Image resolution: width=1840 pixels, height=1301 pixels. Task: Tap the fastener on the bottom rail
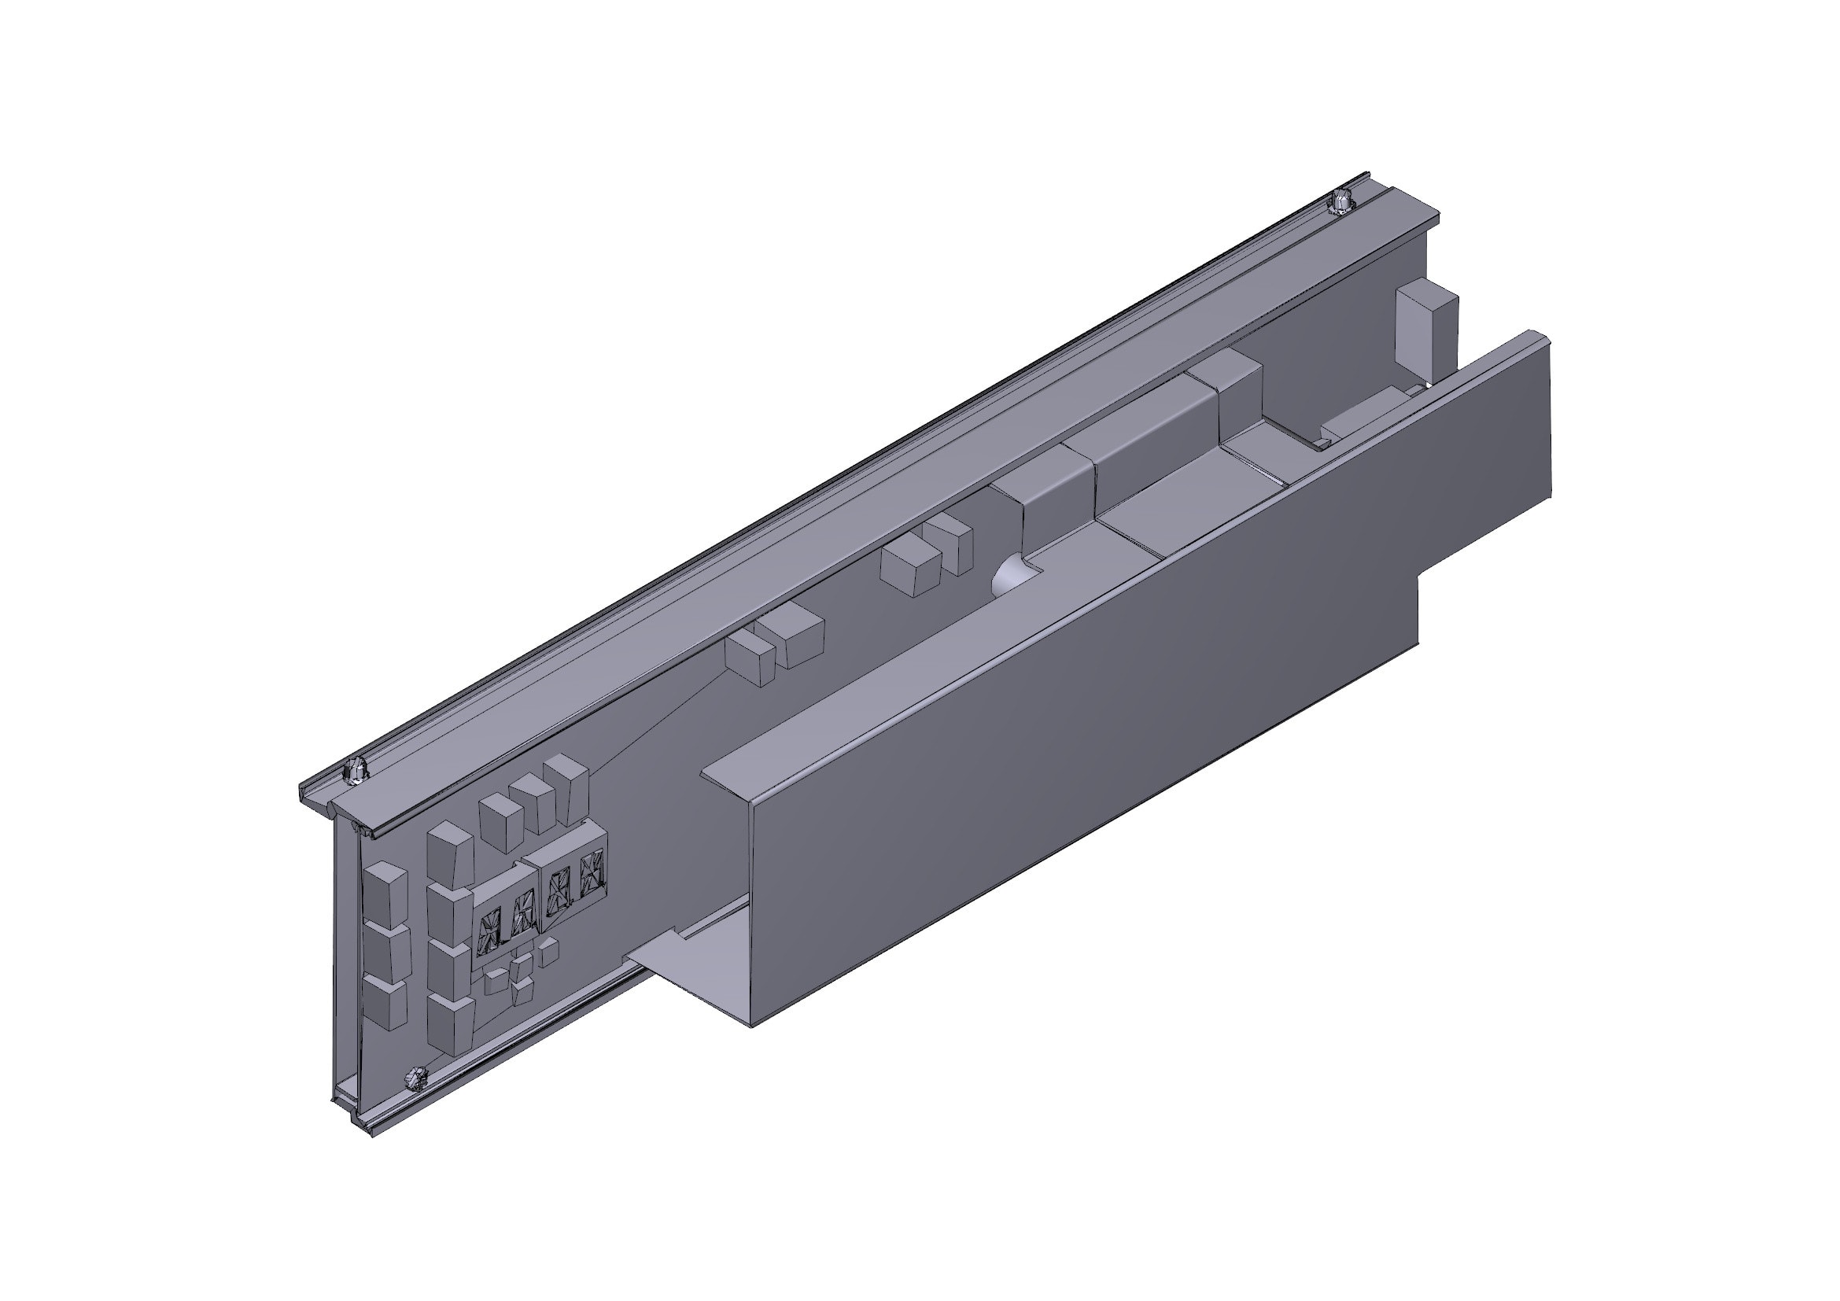pos(416,1078)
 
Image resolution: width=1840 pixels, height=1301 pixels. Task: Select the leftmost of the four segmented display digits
pos(487,934)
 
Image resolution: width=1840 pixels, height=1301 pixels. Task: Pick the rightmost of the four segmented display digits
pos(591,873)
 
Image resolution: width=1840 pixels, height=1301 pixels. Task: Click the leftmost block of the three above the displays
pos(501,824)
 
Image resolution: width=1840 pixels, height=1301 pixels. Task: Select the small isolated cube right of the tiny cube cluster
pos(548,951)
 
